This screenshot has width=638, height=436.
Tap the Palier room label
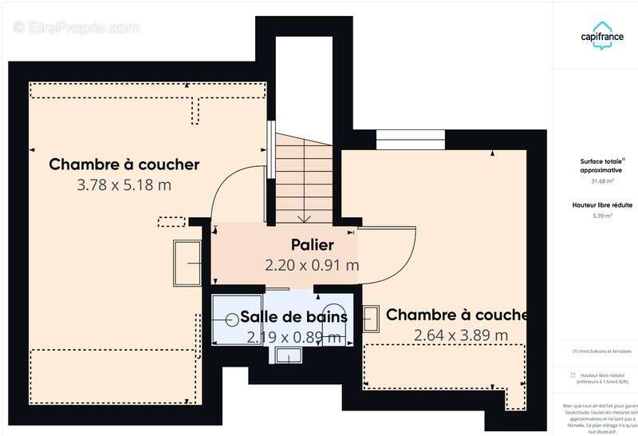(312, 245)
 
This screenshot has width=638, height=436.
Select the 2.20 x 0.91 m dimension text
(312, 264)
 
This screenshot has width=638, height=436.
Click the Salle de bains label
(295, 316)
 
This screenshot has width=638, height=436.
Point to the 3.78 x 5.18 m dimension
(124, 184)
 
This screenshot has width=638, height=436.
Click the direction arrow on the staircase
(304, 217)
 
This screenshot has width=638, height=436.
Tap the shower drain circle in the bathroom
(231, 318)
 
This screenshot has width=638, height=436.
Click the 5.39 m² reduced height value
(596, 216)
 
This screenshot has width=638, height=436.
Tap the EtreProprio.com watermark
(77, 27)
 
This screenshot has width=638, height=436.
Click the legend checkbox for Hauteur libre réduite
(573, 375)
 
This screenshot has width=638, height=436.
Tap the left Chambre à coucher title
(124, 164)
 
